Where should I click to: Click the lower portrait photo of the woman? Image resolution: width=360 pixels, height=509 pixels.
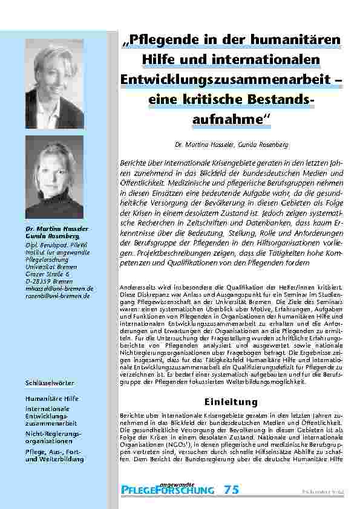[x=54, y=177]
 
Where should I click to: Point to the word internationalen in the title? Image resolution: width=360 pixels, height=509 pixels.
[x=264, y=60]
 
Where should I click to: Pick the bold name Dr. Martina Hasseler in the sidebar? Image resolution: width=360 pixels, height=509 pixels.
[x=49, y=230]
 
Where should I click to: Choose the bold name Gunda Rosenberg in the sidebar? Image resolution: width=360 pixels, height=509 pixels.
[x=49, y=236]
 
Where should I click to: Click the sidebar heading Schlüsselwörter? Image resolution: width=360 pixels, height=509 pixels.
[x=50, y=383]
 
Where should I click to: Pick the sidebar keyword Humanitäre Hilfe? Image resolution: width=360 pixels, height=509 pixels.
[x=52, y=399]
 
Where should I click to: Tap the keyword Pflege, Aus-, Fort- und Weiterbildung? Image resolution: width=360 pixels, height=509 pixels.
[x=54, y=456]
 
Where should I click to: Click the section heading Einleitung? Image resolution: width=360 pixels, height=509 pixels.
[x=231, y=402]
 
